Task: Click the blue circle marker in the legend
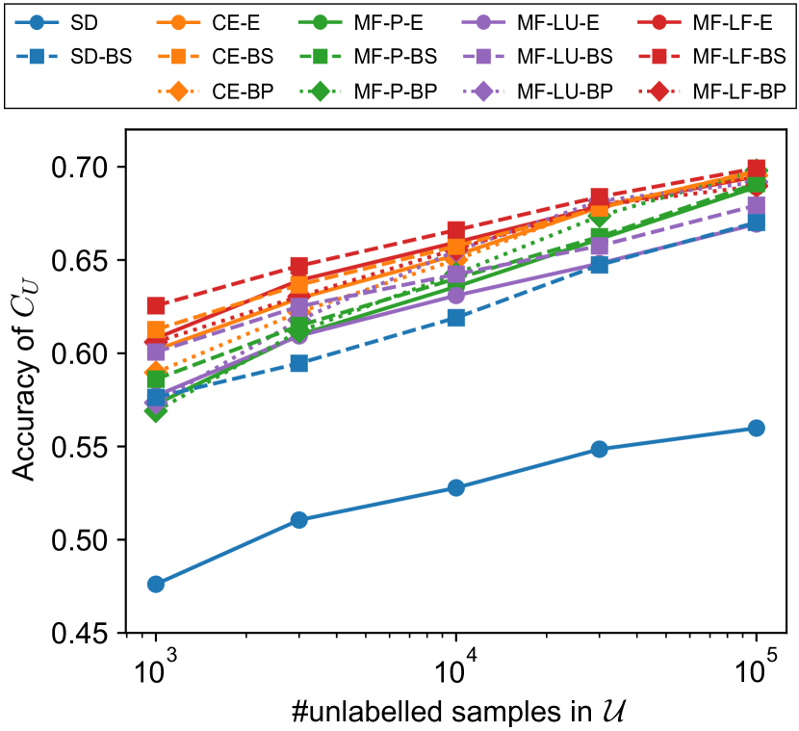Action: (x=37, y=22)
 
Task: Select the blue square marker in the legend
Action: (x=37, y=57)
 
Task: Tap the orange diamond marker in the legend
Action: (x=178, y=91)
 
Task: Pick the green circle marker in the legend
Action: (x=320, y=22)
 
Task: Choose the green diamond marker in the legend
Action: (x=320, y=91)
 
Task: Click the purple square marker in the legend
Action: (x=483, y=57)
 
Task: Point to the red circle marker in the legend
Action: (x=658, y=22)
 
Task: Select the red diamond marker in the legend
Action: (x=658, y=91)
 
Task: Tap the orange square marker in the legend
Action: (x=178, y=57)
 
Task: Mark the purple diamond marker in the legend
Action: (x=483, y=91)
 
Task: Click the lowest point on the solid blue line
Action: (x=156, y=584)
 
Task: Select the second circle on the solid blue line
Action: (x=299, y=520)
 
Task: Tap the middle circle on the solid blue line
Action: (x=456, y=487)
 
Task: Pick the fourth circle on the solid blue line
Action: (x=599, y=449)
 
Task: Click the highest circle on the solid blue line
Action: (x=757, y=428)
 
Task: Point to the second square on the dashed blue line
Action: (x=299, y=363)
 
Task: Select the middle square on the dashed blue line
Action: (x=456, y=318)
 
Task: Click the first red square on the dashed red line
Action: (x=156, y=305)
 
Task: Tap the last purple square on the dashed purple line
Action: (x=757, y=205)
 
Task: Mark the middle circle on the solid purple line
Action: (x=456, y=296)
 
